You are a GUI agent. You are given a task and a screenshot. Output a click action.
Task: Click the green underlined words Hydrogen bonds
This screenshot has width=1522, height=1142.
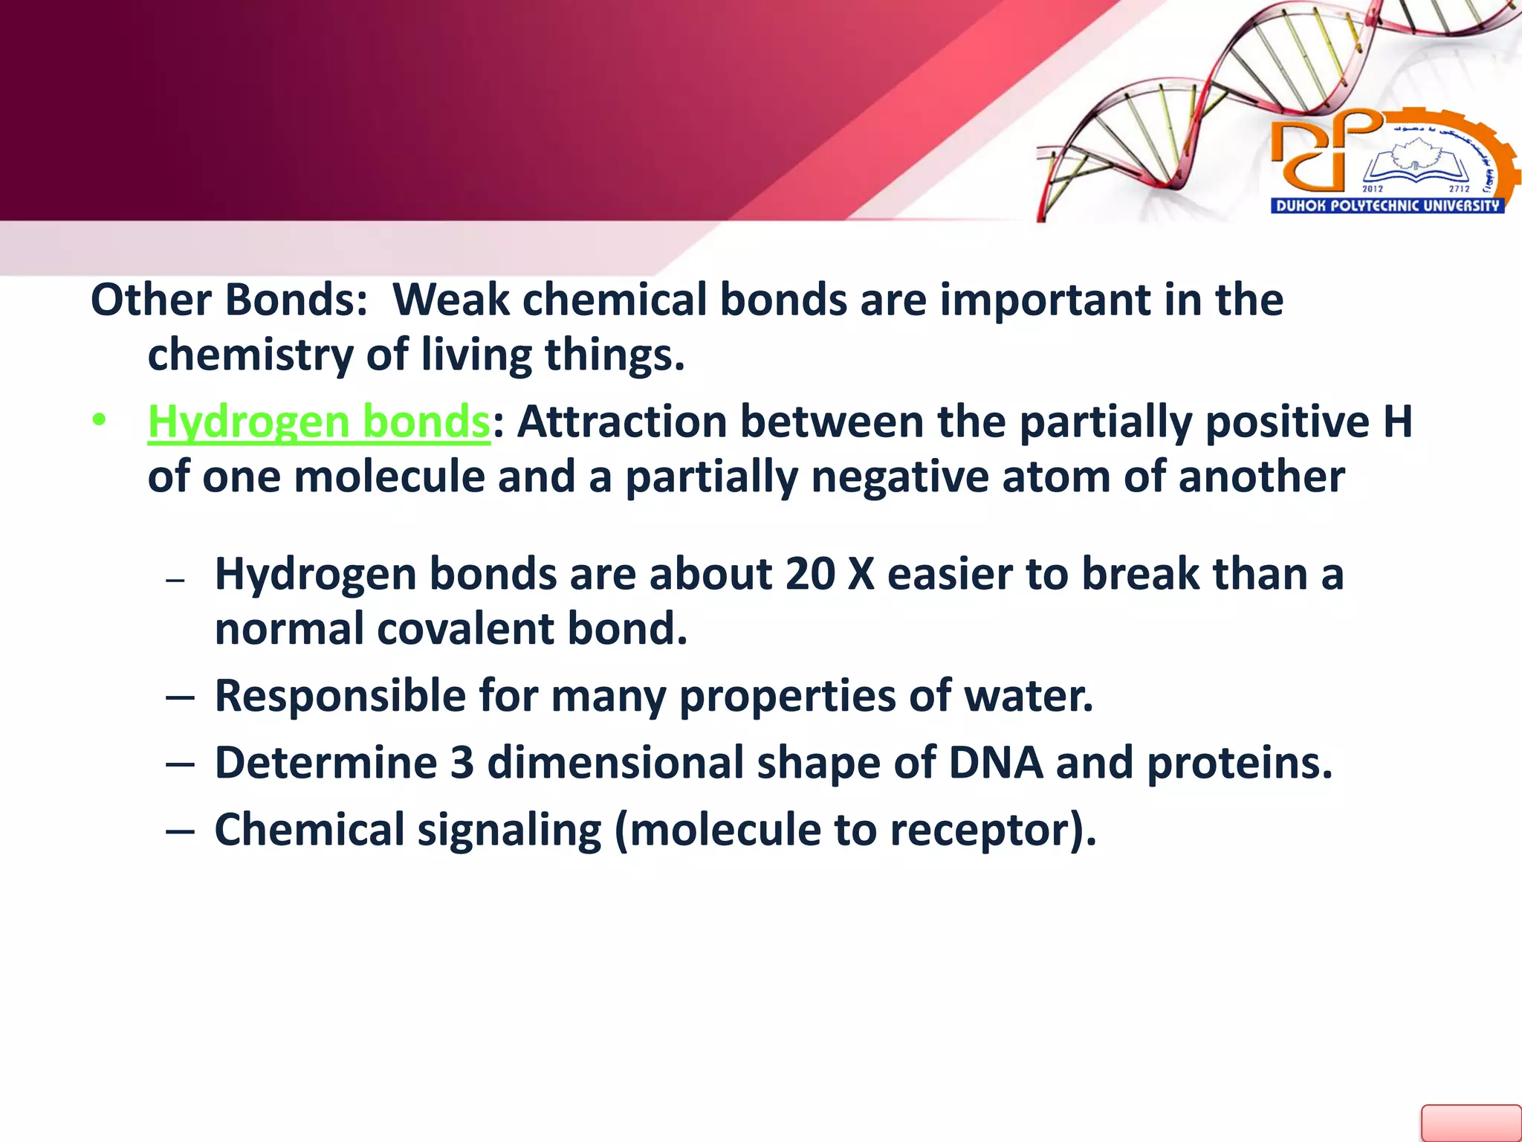coord(318,422)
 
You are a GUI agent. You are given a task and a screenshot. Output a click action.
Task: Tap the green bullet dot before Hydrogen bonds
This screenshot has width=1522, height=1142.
coord(99,421)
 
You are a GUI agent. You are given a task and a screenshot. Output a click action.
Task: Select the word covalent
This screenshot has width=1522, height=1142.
coord(465,630)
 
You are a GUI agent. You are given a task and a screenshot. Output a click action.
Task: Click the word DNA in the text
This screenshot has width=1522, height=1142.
coord(996,764)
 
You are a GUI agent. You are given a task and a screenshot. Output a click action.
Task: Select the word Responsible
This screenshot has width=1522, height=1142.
coord(339,697)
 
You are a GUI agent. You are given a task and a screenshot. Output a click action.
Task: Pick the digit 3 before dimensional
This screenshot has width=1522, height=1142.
coord(462,764)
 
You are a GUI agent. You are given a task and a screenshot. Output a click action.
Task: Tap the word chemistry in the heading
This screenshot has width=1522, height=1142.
coord(250,355)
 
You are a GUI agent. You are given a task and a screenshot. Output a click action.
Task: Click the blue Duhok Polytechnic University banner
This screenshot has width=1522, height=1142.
coord(1387,206)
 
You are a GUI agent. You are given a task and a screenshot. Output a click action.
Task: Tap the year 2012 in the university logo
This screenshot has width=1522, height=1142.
coord(1372,189)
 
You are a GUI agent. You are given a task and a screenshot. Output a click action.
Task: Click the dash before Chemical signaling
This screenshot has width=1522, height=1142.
coord(181,831)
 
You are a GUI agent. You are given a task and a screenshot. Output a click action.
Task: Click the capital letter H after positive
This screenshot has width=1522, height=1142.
coord(1397,422)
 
